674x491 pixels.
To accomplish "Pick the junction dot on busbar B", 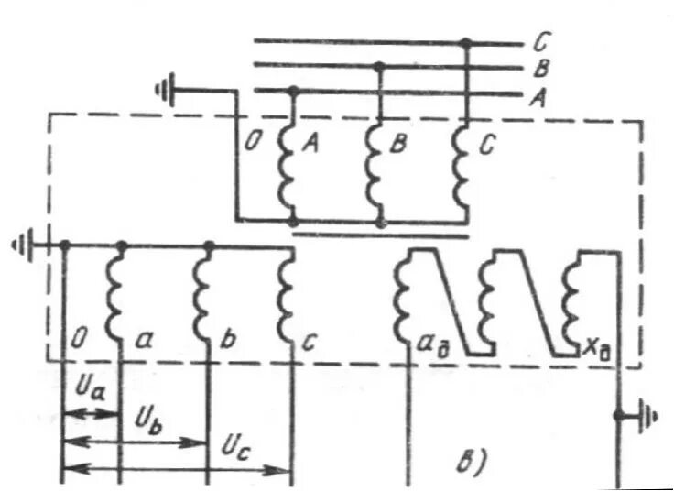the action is (378, 66).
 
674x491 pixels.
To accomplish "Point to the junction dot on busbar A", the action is (292, 90).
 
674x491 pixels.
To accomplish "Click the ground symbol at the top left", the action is (166, 91).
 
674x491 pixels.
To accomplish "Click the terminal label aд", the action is (429, 345).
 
